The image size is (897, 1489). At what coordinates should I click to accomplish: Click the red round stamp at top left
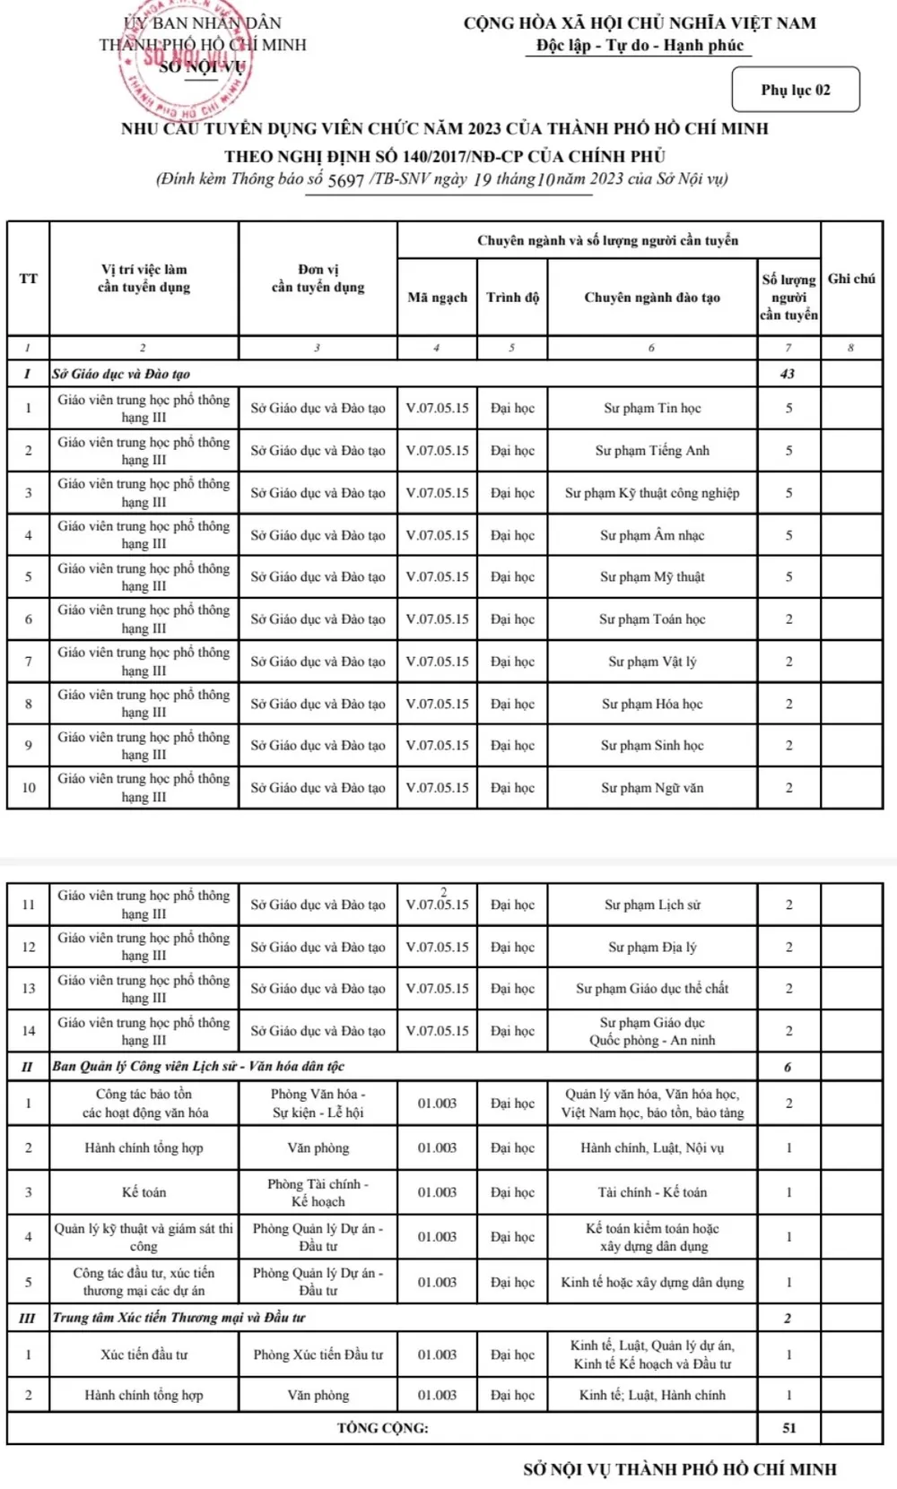[186, 65]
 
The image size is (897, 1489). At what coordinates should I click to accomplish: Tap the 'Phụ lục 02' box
[796, 90]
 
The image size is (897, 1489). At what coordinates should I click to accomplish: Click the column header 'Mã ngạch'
[437, 298]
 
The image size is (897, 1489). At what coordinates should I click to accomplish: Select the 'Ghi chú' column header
[851, 279]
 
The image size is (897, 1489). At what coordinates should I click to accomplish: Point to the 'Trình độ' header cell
[512, 298]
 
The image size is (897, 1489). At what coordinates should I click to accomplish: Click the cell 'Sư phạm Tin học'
[652, 408]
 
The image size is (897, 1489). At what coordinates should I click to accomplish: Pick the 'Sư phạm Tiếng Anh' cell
[652, 450]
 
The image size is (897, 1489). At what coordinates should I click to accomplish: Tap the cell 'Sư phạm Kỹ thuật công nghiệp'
[652, 492]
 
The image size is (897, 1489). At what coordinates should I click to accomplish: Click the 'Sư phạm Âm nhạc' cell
[652, 535]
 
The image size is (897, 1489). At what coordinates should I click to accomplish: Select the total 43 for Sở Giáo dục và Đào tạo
[788, 374]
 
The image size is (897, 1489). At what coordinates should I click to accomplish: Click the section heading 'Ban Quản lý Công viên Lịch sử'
[198, 1066]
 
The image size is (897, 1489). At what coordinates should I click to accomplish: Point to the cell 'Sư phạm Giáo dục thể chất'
[652, 988]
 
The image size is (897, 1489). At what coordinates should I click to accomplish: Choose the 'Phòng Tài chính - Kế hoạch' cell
[318, 1192]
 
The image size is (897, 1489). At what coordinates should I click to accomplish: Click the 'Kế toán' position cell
[144, 1192]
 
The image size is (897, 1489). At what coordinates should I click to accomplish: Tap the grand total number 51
[788, 1428]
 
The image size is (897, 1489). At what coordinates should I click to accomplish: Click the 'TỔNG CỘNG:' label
[382, 1428]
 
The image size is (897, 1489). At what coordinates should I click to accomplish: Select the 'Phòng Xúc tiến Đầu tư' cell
[318, 1355]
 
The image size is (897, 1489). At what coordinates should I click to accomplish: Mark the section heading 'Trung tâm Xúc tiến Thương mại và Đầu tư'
[179, 1317]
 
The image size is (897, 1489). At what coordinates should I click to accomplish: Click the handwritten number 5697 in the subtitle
[345, 180]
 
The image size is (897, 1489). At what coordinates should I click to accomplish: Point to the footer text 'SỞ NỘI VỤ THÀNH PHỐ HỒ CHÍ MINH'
[680, 1469]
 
